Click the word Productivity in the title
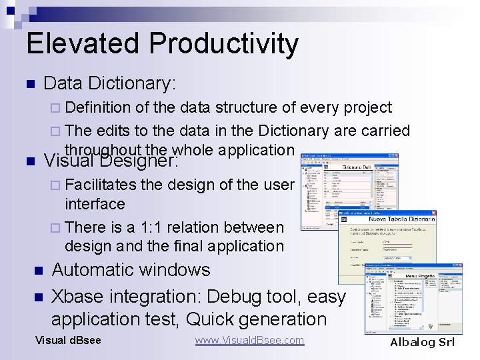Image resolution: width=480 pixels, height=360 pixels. pyautogui.click(x=223, y=44)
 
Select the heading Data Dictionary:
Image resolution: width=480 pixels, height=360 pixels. pyautogui.click(x=109, y=83)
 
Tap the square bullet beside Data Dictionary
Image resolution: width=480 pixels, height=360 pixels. pyautogui.click(x=29, y=84)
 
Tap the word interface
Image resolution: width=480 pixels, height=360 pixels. pyautogui.click(x=95, y=204)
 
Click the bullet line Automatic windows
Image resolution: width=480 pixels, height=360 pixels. pyautogui.click(x=131, y=270)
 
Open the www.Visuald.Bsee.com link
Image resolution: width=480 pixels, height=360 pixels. pyautogui.click(x=249, y=341)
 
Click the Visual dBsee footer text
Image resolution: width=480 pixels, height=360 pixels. pyautogui.click(x=68, y=341)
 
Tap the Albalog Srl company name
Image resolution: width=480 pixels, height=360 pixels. pyautogui.click(x=422, y=342)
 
